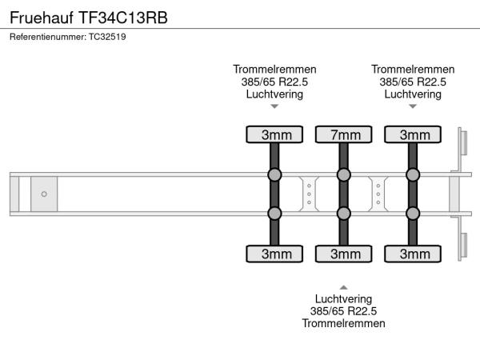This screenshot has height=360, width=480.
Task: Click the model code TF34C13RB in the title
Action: coord(123,17)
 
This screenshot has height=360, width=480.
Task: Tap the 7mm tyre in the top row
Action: coord(344,134)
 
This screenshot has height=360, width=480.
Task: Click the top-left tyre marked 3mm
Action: coord(275,134)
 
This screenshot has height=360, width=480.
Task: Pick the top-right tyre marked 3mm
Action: coord(414,134)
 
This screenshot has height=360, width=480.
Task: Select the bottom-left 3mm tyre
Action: coord(275,254)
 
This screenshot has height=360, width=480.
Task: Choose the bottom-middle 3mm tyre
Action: coord(344,254)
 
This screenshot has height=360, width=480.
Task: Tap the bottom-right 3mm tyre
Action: coord(414,254)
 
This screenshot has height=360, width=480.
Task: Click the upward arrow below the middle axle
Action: coord(344,286)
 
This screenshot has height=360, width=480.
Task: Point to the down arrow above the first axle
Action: coord(274,106)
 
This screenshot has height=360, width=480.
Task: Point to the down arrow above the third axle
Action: coord(413,106)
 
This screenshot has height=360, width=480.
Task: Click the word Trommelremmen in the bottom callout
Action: coord(344,323)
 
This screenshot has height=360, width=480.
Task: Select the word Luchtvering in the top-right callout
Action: coord(413,94)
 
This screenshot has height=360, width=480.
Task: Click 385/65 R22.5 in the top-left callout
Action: coord(274,82)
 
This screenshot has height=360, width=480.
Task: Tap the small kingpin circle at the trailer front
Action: coord(44,194)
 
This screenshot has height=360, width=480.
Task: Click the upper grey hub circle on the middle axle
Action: coord(344,174)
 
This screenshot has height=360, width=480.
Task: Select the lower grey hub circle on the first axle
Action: coord(275,213)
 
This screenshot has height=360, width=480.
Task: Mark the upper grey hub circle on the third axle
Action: coord(414,174)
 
